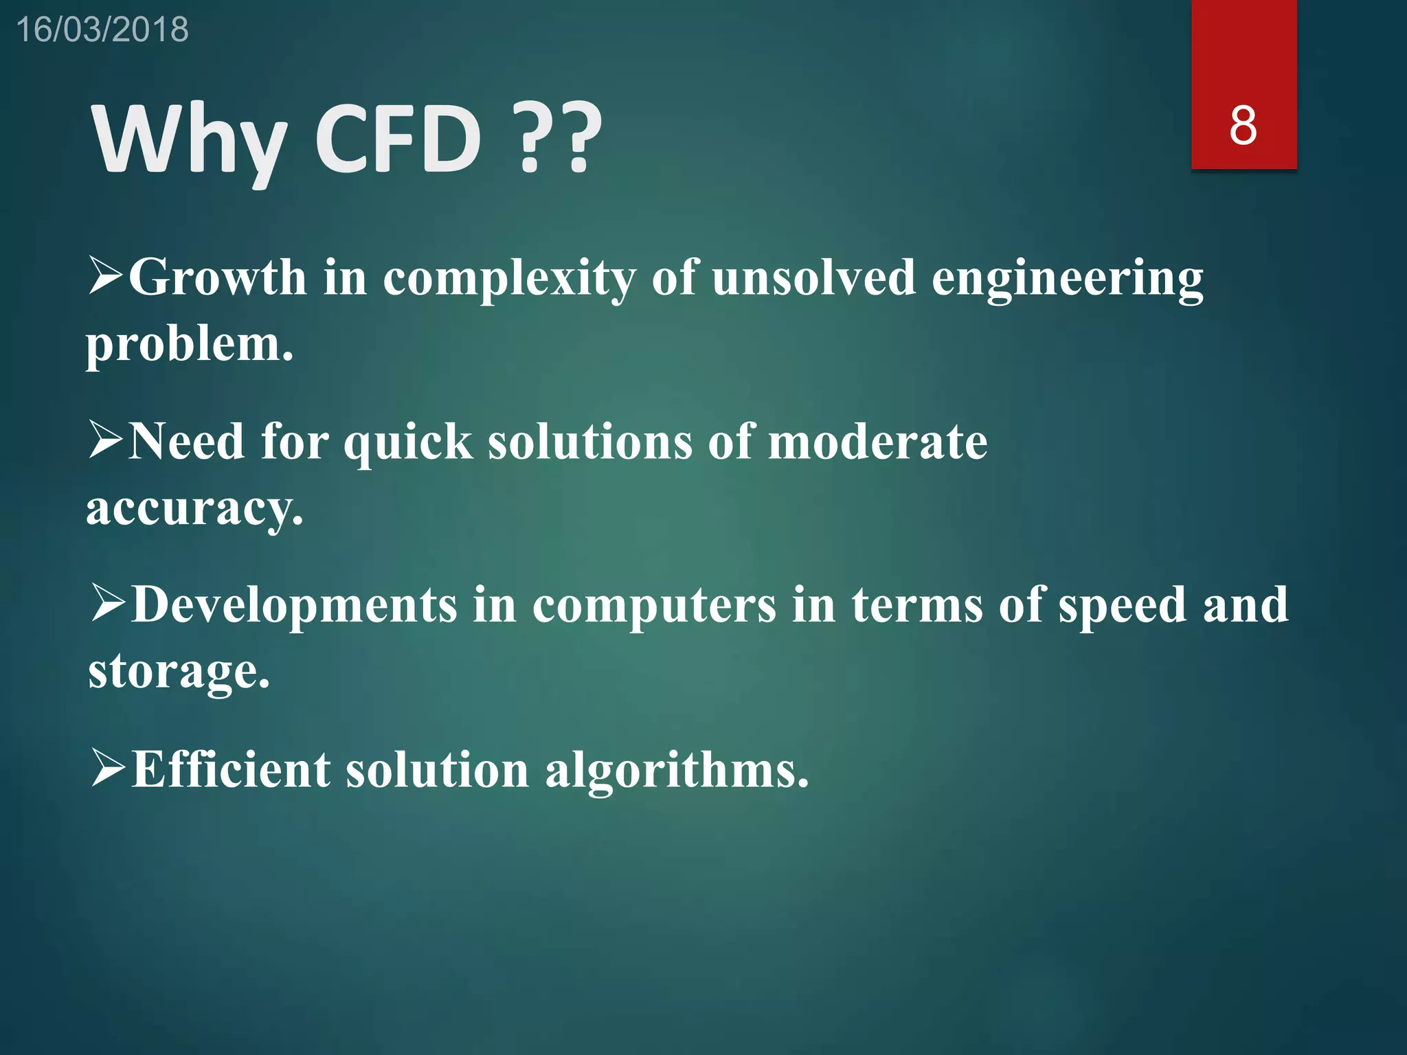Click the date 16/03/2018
point(102,30)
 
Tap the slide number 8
point(1243,126)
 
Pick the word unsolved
point(813,277)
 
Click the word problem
point(190,345)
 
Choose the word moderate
point(877,442)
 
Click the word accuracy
point(194,509)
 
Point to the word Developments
point(295,606)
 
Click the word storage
point(179,672)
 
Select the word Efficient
point(232,769)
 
